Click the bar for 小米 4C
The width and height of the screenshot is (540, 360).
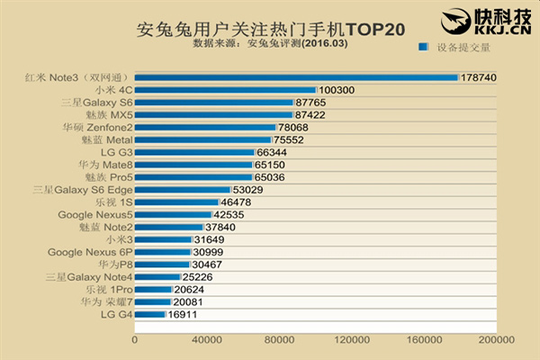click(226, 90)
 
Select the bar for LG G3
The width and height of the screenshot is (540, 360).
click(194, 152)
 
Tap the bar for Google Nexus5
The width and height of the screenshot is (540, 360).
click(173, 214)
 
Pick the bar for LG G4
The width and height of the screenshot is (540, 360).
click(150, 314)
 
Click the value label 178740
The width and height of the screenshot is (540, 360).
click(479, 77)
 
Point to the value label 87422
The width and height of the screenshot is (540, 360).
click(310, 115)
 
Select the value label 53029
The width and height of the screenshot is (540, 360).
click(247, 190)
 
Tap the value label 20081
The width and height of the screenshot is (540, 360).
click(188, 302)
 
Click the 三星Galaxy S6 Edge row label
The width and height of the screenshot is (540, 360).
click(83, 190)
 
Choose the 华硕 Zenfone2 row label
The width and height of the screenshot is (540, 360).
click(98, 128)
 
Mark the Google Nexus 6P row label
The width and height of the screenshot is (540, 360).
click(90, 252)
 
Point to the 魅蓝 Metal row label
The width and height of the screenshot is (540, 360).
click(107, 139)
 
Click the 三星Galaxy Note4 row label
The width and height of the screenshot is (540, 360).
click(89, 277)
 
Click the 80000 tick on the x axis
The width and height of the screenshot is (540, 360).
click(279, 339)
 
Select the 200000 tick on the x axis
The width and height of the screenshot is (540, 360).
click(497, 339)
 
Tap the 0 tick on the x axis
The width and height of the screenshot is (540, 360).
click(135, 339)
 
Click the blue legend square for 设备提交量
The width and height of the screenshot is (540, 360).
click(423, 47)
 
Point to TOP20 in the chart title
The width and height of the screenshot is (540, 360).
click(375, 30)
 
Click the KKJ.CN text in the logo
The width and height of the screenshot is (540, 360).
click(503, 30)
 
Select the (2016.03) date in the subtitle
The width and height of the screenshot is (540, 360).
click(324, 43)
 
